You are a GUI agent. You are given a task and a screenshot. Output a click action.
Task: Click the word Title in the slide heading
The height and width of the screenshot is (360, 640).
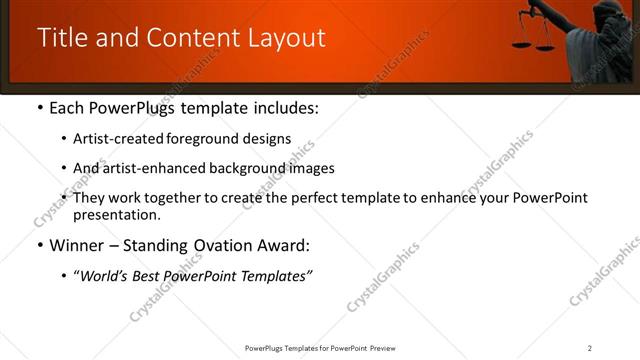pyautogui.click(x=62, y=38)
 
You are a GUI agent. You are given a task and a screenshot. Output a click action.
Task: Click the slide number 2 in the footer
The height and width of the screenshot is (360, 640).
pyautogui.click(x=589, y=348)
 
